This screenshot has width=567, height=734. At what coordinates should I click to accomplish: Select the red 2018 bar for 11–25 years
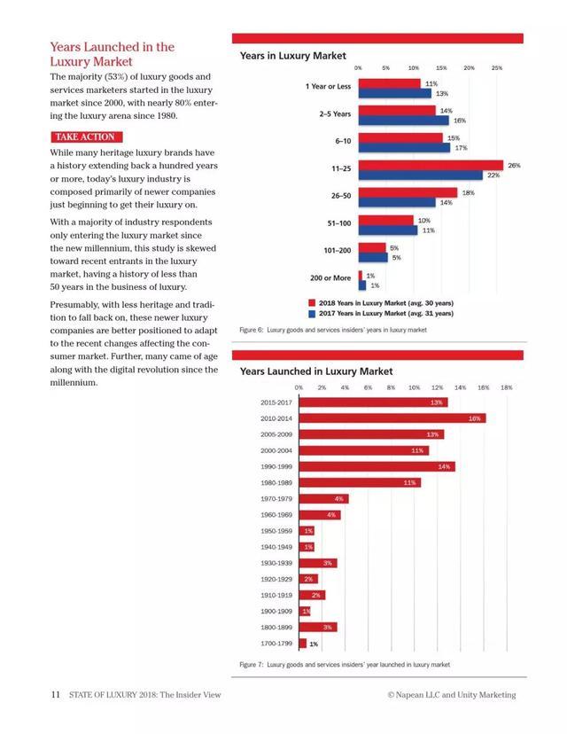(x=431, y=165)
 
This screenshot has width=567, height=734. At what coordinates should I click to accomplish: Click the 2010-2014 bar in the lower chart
(x=392, y=418)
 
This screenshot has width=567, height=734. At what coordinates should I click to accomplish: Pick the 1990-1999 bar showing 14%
(x=377, y=466)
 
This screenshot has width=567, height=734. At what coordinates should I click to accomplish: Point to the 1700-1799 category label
(x=276, y=644)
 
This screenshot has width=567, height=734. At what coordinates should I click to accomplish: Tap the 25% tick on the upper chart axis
(x=497, y=67)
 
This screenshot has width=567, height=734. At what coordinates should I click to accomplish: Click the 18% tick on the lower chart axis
(x=506, y=387)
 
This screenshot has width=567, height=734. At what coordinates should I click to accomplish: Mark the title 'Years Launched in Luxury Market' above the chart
(x=316, y=371)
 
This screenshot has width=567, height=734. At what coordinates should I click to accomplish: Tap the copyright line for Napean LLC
(x=451, y=695)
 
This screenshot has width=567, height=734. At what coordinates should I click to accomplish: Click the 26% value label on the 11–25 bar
(x=514, y=166)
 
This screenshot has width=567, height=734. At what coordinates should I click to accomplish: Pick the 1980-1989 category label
(x=276, y=482)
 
